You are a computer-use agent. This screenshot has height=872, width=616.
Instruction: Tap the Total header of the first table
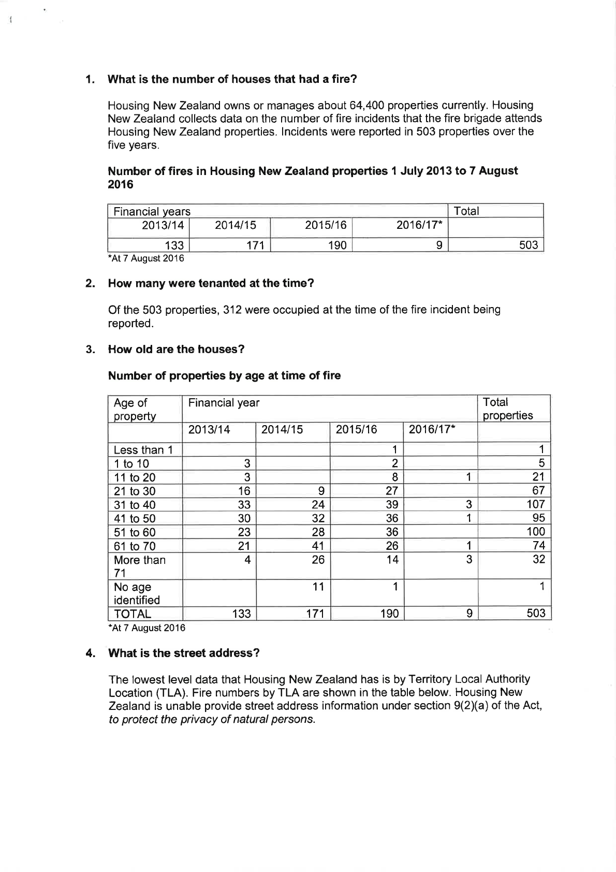(466, 211)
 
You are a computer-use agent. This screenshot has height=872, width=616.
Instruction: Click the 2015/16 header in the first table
(325, 225)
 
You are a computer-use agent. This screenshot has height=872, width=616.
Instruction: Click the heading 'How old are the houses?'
(176, 349)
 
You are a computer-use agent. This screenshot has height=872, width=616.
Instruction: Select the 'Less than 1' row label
(143, 450)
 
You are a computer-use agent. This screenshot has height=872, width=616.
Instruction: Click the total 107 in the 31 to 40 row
(535, 504)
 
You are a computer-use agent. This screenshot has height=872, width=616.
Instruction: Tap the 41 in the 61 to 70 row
(318, 546)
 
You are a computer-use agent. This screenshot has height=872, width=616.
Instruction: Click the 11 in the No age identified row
(318, 587)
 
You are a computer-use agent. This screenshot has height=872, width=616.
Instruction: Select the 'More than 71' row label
(139, 566)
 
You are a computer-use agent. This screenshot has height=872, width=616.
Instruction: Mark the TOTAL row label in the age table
(133, 614)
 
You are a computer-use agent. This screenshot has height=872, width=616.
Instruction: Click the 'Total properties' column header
(507, 409)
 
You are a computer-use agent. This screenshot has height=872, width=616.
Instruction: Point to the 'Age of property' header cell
(135, 409)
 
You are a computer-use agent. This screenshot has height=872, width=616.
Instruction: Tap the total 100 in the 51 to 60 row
(535, 532)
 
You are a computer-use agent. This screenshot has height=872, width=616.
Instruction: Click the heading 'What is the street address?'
(183, 653)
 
